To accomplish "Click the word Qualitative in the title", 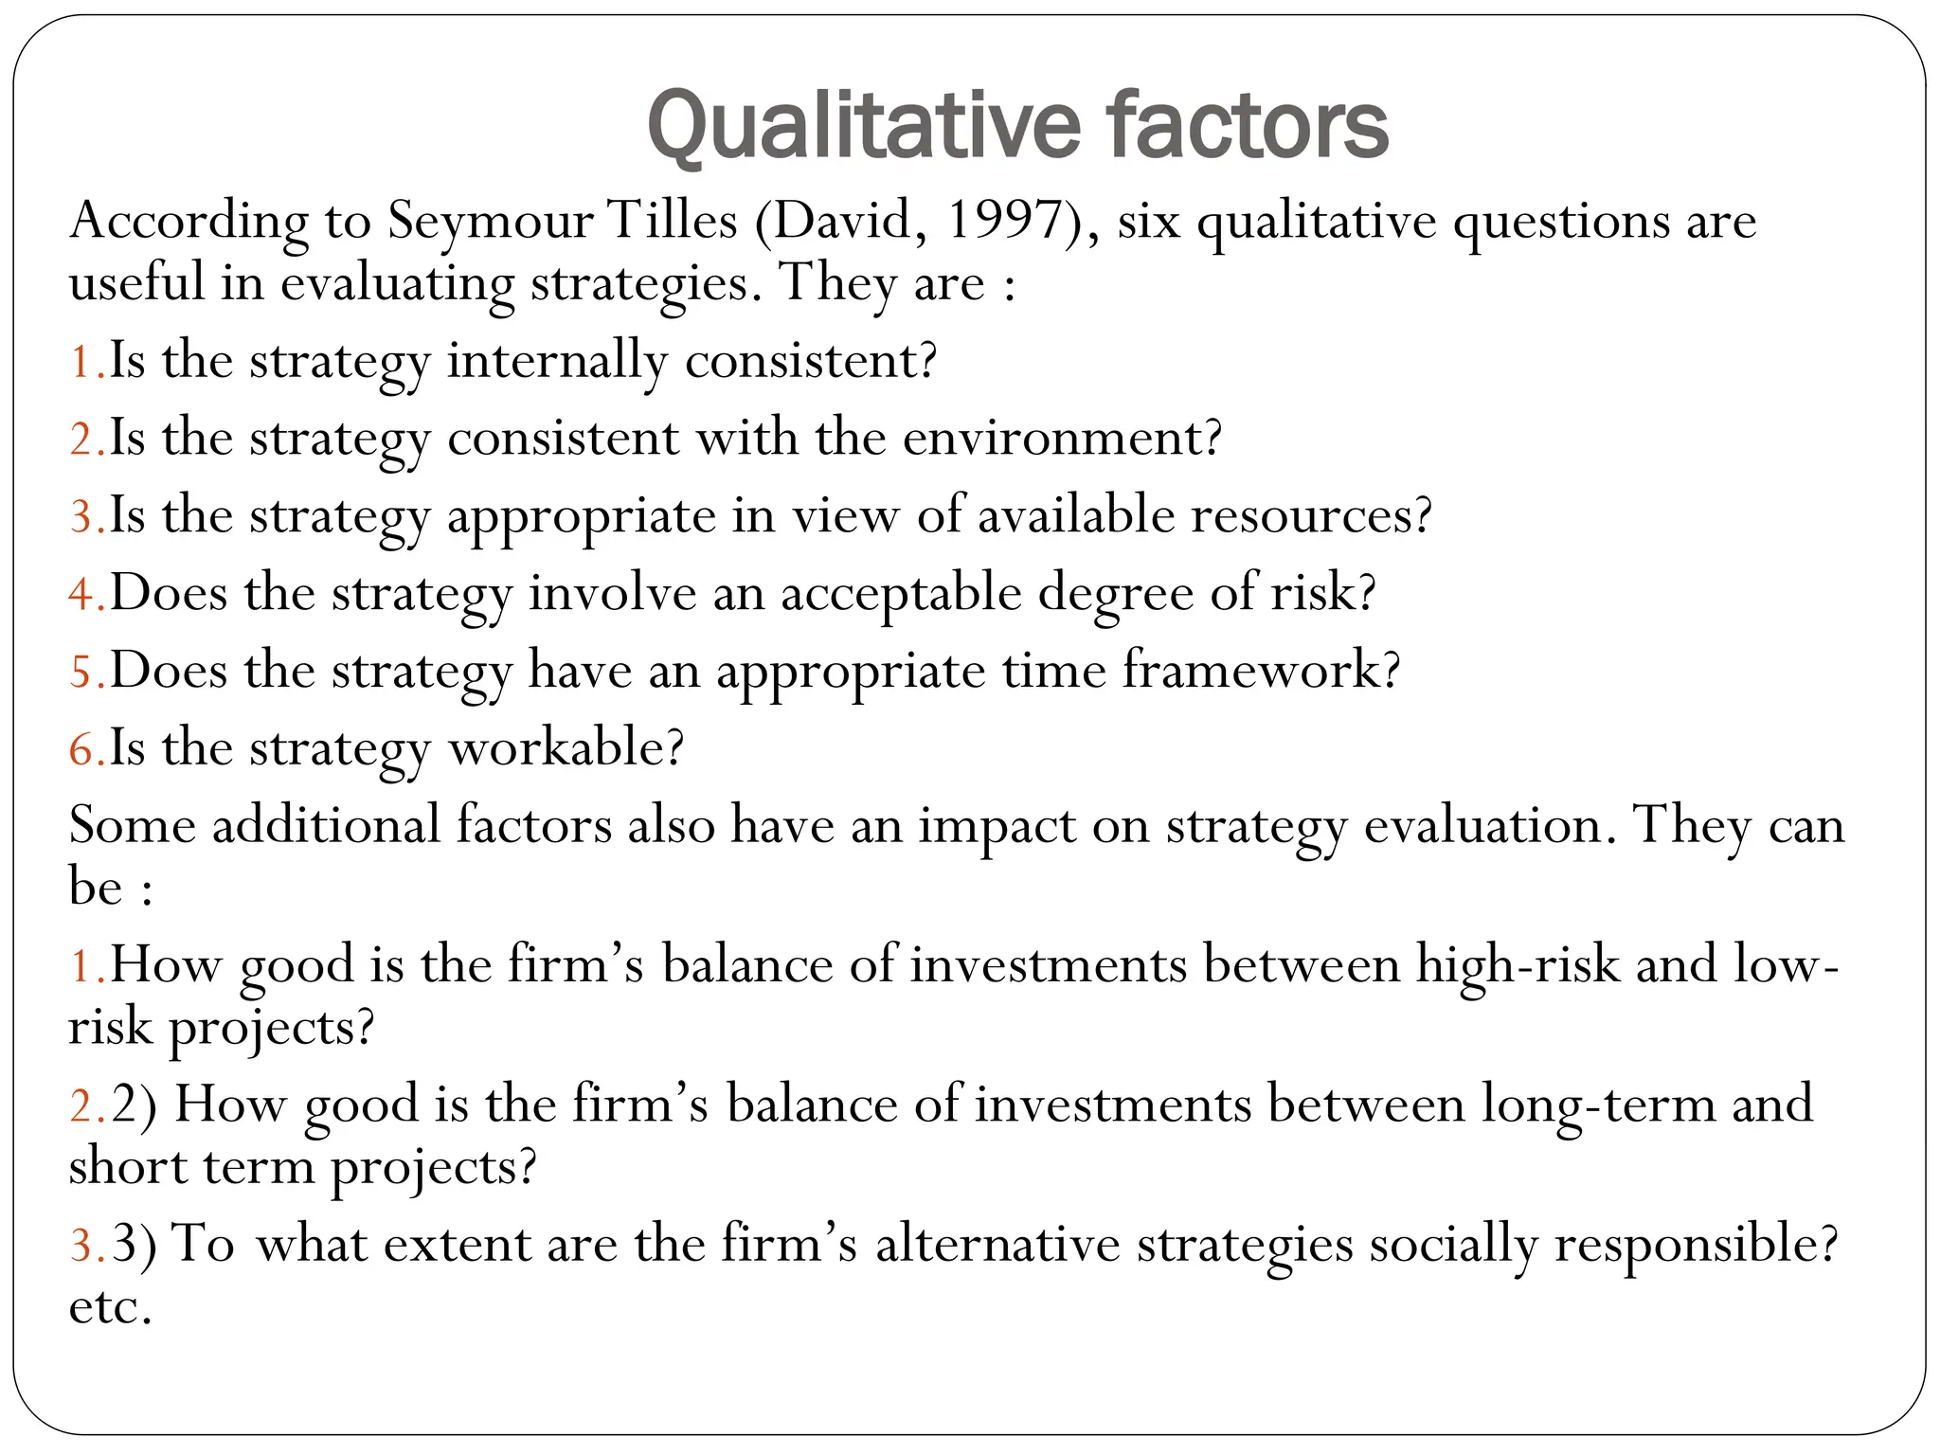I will point(864,127).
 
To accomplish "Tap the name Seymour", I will point(490,222).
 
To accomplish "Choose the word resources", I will point(1311,517).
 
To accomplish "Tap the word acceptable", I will point(901,595).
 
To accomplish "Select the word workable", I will point(565,749).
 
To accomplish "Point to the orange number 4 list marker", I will point(81,595).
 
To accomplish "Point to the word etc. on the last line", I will point(110,1309).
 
